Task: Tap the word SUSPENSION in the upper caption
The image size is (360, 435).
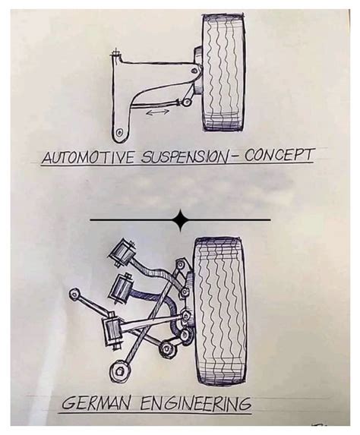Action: (185, 156)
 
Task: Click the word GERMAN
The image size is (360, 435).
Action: (95, 405)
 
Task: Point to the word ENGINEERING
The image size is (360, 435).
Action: (195, 404)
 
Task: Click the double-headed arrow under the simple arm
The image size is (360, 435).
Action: (157, 112)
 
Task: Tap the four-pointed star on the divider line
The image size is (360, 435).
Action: (181, 220)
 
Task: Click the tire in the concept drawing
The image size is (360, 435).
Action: (224, 72)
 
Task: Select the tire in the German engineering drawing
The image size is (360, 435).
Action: (220, 310)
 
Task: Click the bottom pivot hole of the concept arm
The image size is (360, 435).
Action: (119, 132)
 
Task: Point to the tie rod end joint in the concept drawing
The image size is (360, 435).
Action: (187, 102)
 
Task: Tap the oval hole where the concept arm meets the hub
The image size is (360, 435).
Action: (195, 71)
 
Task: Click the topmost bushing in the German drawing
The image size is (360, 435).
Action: (122, 254)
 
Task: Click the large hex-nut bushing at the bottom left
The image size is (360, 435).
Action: (120, 371)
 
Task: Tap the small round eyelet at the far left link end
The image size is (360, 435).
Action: (74, 293)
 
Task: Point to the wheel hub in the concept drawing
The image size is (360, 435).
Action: (198, 70)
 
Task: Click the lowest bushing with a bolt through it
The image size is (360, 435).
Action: (112, 332)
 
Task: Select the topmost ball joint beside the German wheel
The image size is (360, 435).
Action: (181, 264)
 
